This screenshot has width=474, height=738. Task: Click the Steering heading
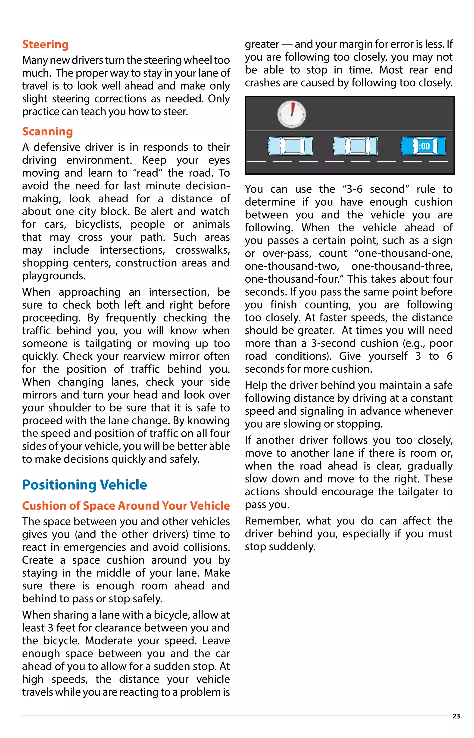click(45, 45)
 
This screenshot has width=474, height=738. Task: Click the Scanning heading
click(47, 132)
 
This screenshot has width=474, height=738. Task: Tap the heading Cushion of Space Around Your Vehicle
click(126, 506)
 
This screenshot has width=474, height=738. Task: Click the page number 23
click(456, 716)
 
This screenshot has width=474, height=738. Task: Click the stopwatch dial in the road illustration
click(291, 114)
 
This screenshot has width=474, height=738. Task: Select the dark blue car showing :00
click(423, 146)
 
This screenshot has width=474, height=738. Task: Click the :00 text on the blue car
click(424, 146)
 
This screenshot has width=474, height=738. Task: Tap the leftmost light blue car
click(290, 146)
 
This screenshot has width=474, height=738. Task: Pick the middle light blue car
click(355, 146)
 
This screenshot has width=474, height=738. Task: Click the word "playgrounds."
click(54, 276)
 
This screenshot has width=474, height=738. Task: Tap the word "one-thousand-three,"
click(402, 266)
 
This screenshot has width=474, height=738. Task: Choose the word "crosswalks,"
click(203, 250)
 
